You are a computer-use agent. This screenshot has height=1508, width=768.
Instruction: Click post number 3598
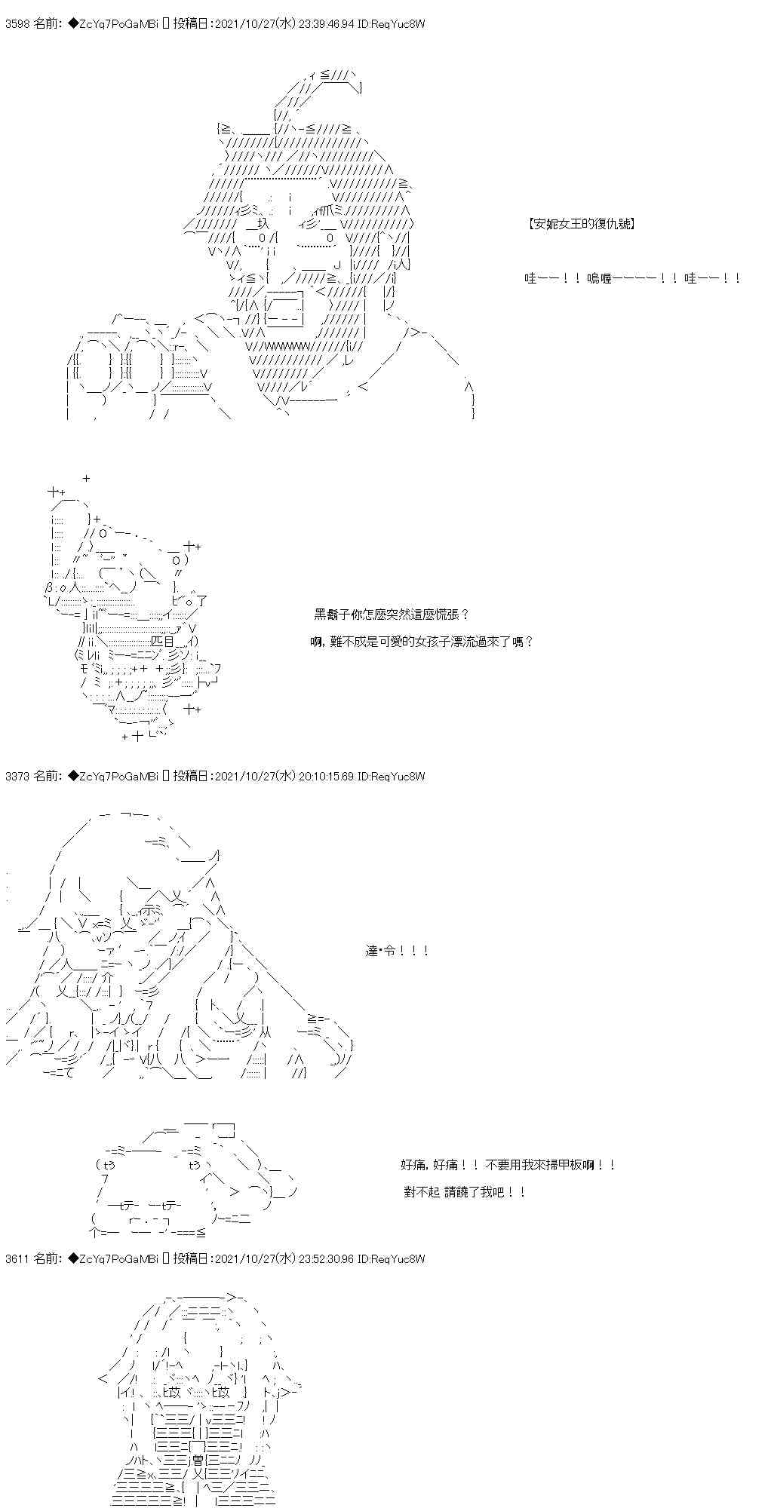tap(17, 24)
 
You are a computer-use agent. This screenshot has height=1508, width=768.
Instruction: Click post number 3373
tap(17, 777)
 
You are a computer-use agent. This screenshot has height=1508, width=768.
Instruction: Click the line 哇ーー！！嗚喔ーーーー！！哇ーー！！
tap(632, 279)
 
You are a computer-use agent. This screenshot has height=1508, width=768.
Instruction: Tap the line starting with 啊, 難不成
tap(422, 642)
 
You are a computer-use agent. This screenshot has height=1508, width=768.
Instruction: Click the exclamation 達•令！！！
tap(397, 951)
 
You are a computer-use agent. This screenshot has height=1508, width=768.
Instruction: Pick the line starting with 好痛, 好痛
tap(508, 1165)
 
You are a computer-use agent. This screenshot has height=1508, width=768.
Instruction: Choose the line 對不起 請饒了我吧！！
tap(465, 1192)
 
